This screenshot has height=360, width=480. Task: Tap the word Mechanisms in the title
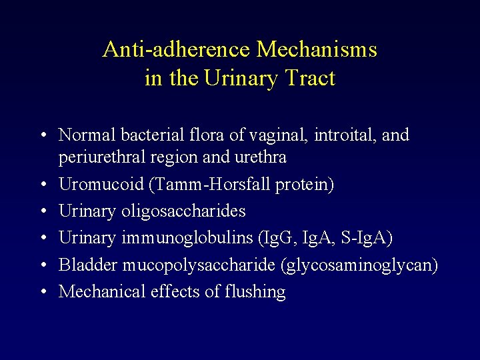317,49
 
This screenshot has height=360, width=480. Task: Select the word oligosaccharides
184,211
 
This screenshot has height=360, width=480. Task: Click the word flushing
257,292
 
